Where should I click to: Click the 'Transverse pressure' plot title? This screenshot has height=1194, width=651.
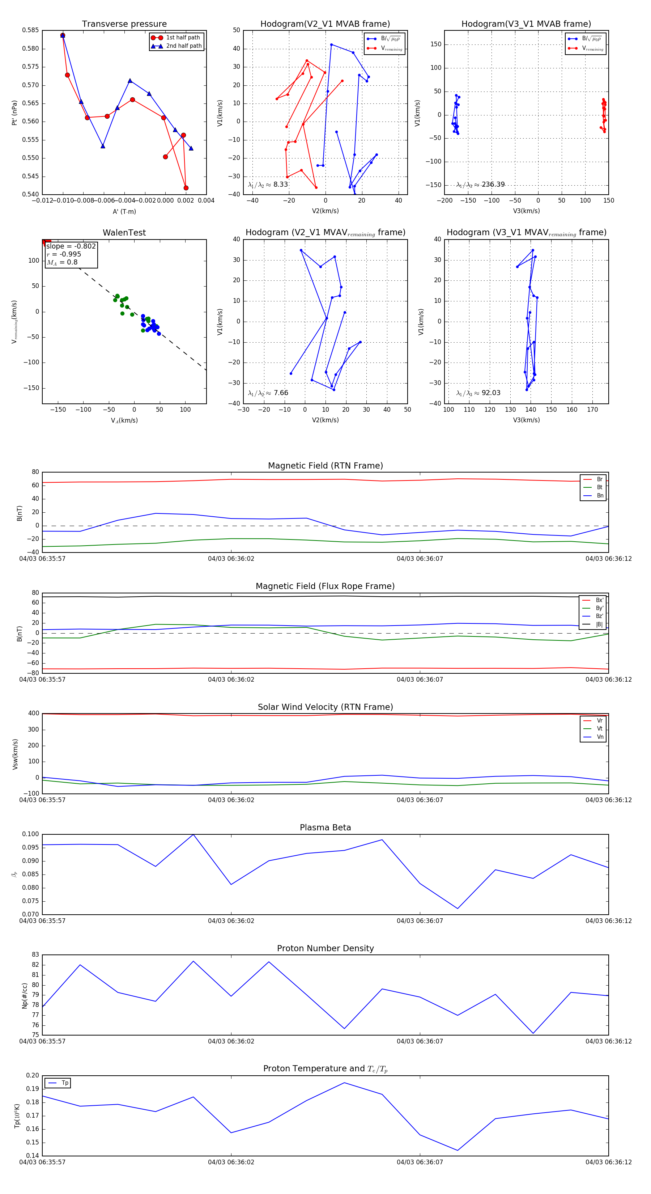coord(124,24)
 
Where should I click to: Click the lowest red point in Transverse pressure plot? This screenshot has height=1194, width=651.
coord(186,188)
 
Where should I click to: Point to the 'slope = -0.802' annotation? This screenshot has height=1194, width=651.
coord(71,246)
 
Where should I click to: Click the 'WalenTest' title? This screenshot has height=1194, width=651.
coord(124,233)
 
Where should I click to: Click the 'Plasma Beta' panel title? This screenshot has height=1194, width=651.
coord(325,828)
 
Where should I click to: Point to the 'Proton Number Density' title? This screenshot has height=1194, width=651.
coord(325,948)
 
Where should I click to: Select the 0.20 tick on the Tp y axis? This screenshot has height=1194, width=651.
coord(33,1075)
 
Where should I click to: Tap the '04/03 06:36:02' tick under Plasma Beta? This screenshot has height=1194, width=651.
coord(231,920)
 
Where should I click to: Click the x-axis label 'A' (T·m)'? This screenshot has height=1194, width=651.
coord(124,211)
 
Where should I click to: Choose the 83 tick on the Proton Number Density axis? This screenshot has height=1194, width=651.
coord(35,955)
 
